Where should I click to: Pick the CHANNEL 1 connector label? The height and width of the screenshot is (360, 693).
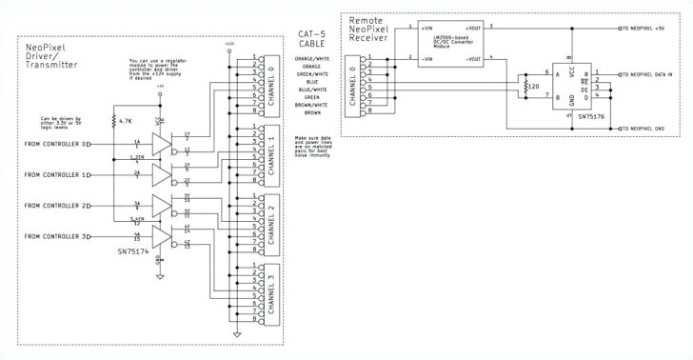271,149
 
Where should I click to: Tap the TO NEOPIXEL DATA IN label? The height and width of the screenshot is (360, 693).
657,73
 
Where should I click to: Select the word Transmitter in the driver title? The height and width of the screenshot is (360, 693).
47,63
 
